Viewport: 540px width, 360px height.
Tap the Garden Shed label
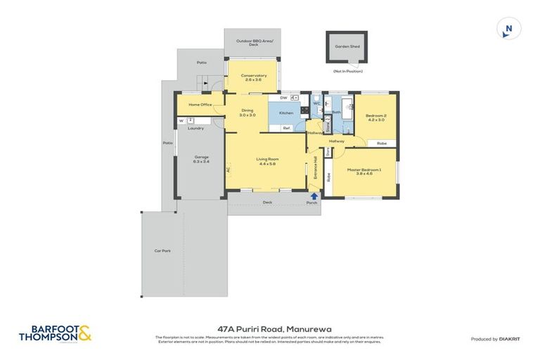coord(347,46)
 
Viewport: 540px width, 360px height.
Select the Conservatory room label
coord(253,75)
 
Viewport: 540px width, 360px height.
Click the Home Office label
coord(201,105)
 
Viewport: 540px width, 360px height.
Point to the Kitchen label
coord(286,112)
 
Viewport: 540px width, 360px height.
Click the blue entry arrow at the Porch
coord(313,195)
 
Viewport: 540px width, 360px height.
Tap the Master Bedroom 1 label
coord(364,170)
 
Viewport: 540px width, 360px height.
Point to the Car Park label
coord(162,250)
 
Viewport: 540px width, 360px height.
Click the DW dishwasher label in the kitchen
coord(283,98)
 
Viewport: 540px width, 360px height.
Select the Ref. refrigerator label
coord(286,128)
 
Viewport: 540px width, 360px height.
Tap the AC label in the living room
coord(229,169)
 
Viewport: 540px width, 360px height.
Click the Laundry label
coord(195,128)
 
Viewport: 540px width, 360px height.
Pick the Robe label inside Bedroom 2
coord(381,143)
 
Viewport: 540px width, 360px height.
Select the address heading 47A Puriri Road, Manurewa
coord(269,328)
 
